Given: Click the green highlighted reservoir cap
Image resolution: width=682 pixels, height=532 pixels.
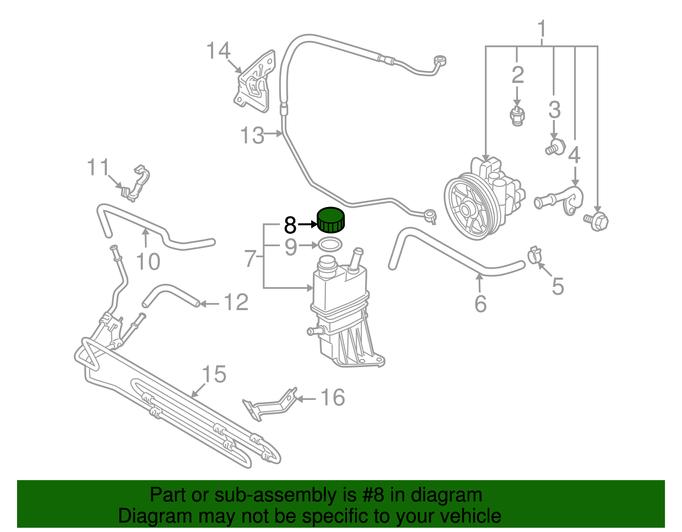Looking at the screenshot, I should click(331, 220).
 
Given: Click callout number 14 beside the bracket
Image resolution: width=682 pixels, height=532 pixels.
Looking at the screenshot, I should click(218, 51).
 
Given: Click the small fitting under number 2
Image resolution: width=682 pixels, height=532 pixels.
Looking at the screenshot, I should click(517, 115).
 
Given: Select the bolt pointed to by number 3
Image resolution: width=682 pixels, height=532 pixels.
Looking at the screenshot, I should click(554, 147).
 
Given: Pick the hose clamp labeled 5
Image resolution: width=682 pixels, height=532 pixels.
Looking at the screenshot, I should click(534, 254).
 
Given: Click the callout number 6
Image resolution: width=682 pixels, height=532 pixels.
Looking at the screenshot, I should click(480, 303).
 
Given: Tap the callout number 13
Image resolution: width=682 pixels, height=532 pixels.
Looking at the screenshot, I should click(252, 135).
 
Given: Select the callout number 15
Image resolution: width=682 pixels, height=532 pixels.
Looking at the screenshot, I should click(214, 374).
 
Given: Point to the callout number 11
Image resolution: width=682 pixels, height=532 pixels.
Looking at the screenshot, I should click(98, 167).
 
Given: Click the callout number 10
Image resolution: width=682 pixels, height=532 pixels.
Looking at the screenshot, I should click(148, 261).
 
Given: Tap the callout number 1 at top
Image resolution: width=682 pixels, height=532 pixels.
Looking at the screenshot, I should click(542, 29).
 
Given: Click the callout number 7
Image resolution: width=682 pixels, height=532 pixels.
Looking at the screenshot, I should click(251, 259).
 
